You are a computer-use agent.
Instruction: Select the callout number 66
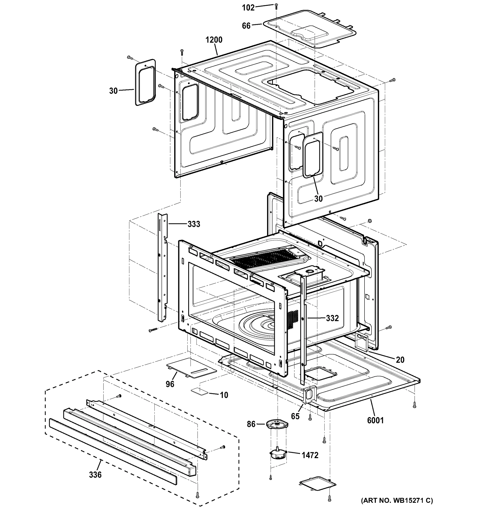[x=246, y=26]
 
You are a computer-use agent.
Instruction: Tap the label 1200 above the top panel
[x=214, y=40]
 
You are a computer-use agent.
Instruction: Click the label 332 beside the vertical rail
[x=332, y=318]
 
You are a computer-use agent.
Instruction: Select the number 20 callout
[x=400, y=360]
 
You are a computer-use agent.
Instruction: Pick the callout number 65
[x=295, y=416]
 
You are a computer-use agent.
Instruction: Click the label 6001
[x=375, y=420]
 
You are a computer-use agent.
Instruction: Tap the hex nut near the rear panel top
[x=370, y=220]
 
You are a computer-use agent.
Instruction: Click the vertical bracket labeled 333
[x=162, y=267]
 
